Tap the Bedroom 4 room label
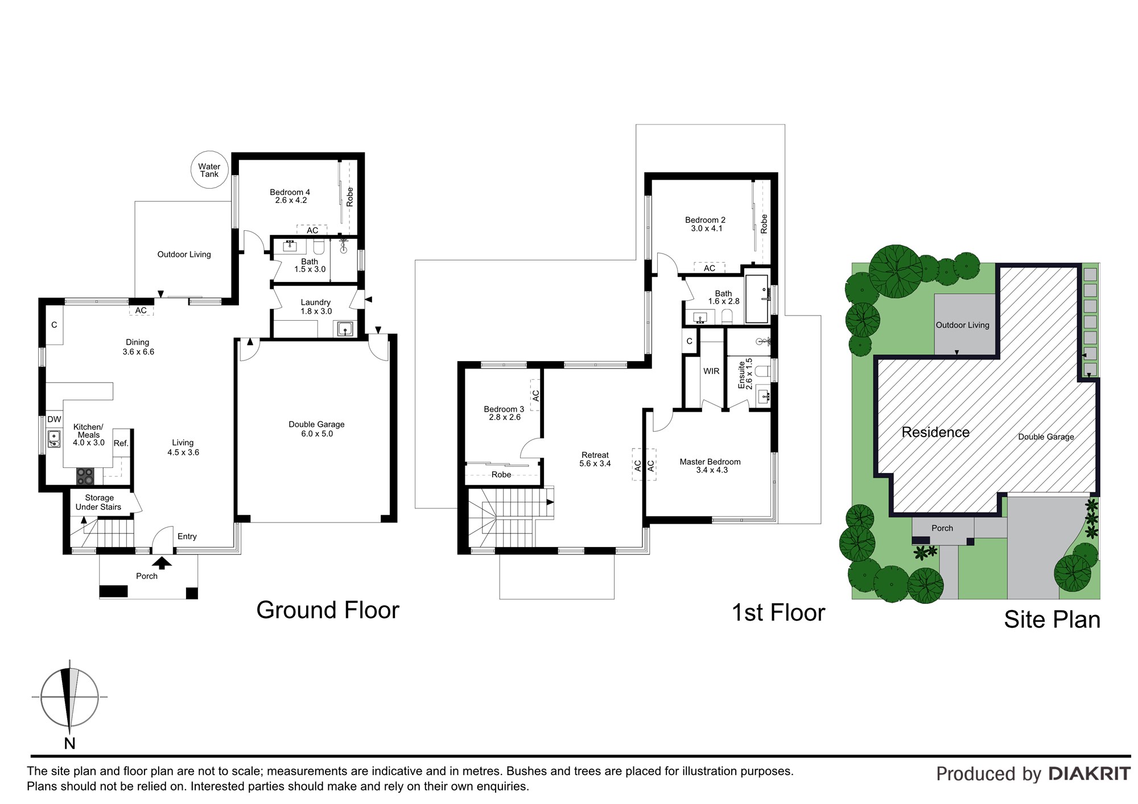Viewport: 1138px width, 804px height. (290, 192)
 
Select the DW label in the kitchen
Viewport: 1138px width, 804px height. (54, 420)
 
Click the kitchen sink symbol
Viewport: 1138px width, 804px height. (54, 439)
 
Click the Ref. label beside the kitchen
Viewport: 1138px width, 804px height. (121, 444)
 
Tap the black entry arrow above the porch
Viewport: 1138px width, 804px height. (162, 563)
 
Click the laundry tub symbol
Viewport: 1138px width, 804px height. (344, 329)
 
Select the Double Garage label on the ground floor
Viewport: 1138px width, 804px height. (316, 424)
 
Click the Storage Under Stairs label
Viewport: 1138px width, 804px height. (98, 503)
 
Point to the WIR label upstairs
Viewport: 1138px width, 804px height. (711, 371)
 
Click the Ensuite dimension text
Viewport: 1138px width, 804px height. (749, 374)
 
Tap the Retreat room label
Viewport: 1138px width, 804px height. (595, 455)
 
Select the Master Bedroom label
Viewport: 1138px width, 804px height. (710, 462)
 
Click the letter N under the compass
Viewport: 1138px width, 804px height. (69, 743)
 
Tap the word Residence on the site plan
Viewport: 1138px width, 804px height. (935, 432)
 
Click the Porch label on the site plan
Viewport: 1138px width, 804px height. (942, 528)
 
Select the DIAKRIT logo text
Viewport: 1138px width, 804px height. (1089, 774)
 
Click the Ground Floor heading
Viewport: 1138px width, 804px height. (328, 610)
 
